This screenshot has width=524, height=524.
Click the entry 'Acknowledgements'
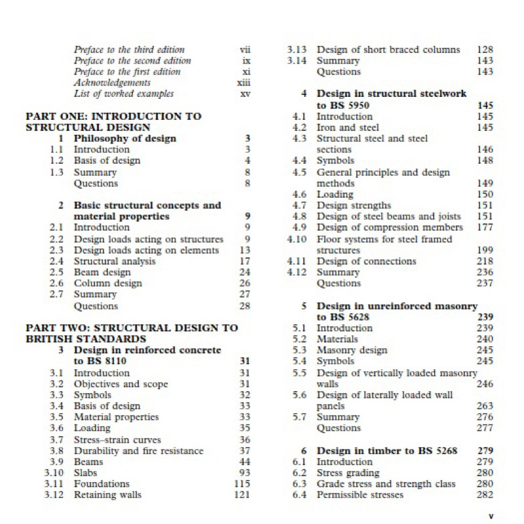(112, 83)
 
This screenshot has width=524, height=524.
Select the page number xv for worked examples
(246, 94)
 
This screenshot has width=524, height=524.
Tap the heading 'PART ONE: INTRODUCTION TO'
(113, 117)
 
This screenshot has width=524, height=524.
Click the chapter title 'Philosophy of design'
(124, 139)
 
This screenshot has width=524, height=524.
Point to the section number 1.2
(57, 161)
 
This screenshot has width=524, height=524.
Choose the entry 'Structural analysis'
(115, 261)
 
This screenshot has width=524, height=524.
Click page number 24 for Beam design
(245, 272)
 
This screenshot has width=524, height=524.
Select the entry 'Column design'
(107, 284)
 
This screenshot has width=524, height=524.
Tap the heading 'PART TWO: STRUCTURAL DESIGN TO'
(132, 328)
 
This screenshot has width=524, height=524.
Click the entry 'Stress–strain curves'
(117, 440)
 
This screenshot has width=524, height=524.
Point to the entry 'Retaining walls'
(107, 495)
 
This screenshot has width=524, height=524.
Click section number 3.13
(297, 50)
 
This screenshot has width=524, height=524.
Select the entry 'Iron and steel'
(348, 128)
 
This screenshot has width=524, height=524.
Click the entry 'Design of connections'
(366, 261)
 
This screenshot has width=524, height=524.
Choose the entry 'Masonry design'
(352, 350)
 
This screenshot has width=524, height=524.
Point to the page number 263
(485, 406)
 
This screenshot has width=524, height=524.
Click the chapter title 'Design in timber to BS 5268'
(386, 451)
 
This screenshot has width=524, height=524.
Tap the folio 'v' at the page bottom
(491, 516)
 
